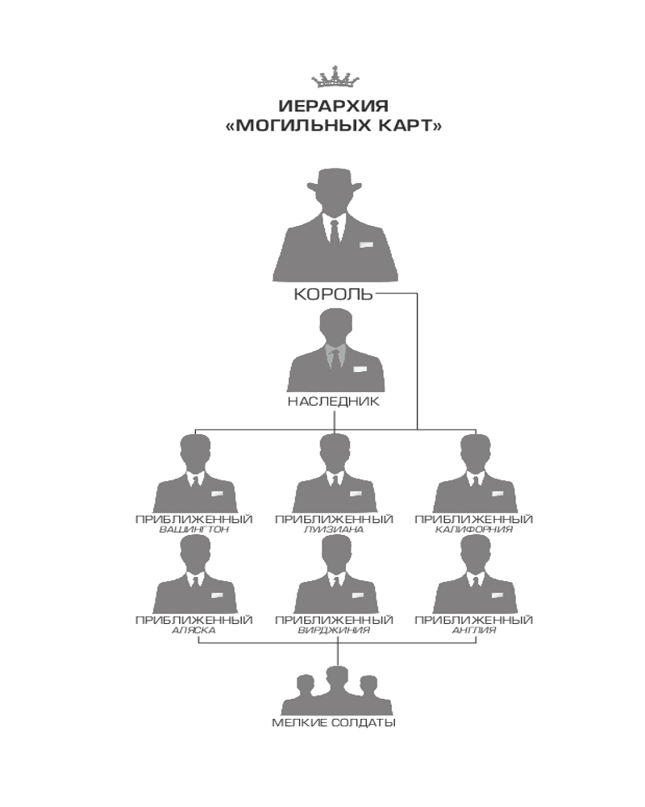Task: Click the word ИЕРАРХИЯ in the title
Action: pyautogui.click(x=334, y=106)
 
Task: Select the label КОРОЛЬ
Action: pyautogui.click(x=333, y=294)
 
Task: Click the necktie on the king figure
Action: pyautogui.click(x=335, y=232)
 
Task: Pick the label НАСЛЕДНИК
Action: pyautogui.click(x=333, y=401)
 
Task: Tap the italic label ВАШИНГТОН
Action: pyautogui.click(x=194, y=529)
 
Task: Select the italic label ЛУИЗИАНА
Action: pyautogui.click(x=334, y=529)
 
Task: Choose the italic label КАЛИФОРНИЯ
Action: pyautogui.click(x=474, y=529)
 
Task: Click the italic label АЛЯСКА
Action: pyautogui.click(x=194, y=630)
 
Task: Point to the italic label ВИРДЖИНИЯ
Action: pyautogui.click(x=334, y=630)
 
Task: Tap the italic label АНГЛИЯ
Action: pyautogui.click(x=474, y=630)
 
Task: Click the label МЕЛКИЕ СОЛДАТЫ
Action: pyautogui.click(x=334, y=722)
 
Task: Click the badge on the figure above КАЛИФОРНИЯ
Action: pyautogui.click(x=497, y=494)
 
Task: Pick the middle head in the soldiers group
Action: pyautogui.click(x=337, y=679)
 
